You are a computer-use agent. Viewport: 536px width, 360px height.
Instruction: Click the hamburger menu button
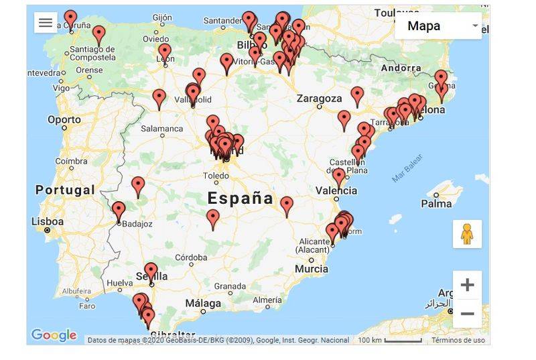46,23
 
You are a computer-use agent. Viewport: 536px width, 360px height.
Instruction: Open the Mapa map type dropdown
438,26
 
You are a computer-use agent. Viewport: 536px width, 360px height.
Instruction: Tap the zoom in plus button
467,285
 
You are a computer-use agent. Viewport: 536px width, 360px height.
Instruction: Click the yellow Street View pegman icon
467,234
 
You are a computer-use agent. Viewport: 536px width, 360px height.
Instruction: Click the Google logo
54,335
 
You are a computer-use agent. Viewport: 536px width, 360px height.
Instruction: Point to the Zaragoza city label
319,99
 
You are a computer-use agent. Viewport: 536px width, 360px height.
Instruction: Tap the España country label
240,198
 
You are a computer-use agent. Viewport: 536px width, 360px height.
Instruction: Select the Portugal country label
65,190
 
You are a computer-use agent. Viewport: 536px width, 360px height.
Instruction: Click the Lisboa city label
48,221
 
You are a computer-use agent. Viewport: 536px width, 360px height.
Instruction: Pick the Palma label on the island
437,203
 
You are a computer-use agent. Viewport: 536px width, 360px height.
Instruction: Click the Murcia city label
312,269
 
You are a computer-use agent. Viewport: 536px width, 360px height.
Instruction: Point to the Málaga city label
203,304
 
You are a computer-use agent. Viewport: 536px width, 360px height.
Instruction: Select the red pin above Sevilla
151,271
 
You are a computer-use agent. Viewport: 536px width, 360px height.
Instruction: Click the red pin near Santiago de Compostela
99,34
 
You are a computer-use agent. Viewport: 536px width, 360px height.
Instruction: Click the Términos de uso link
458,340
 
